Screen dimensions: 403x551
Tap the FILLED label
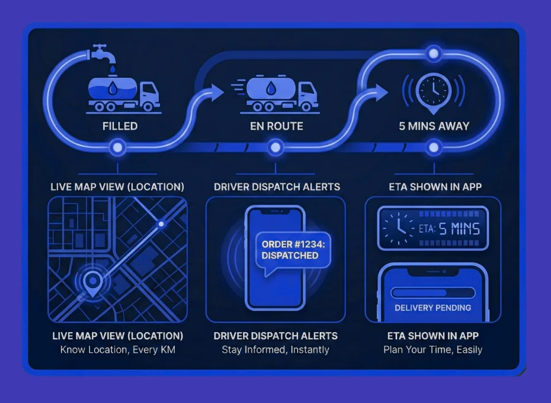coord(120,126)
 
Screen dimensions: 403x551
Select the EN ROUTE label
coord(277,126)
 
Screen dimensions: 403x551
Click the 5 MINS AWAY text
coord(434,126)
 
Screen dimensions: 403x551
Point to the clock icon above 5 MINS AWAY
coord(433,89)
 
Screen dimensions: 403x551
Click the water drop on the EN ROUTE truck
coord(270,89)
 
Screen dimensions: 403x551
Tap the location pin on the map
coord(92,283)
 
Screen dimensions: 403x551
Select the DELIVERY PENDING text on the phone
coord(433,308)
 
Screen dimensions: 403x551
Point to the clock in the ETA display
coord(396,228)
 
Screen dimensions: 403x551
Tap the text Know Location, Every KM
coord(117,349)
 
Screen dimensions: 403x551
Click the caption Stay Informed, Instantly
coord(275,349)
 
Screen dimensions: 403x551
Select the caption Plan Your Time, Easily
coord(433,349)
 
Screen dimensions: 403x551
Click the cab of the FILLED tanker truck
coord(149,93)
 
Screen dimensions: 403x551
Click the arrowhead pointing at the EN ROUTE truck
coord(217,92)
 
